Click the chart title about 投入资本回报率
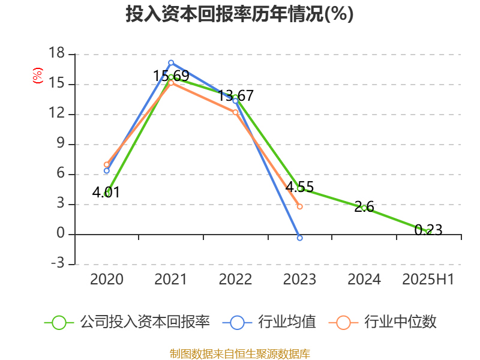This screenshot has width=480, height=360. (239, 14)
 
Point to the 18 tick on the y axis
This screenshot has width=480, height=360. (56, 54)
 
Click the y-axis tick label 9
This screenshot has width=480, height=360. (61, 144)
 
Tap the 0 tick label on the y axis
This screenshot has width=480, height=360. (61, 234)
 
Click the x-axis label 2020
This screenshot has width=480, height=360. (107, 280)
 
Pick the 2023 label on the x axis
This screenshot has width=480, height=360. (299, 280)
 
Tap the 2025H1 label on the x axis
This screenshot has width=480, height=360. (428, 280)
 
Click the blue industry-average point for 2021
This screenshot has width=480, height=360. (171, 62)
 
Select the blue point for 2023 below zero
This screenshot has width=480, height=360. (300, 238)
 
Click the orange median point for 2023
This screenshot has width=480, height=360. (300, 206)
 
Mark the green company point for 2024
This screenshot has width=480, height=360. (364, 208)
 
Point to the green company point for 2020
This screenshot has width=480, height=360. (107, 194)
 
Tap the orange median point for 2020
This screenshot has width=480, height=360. (107, 164)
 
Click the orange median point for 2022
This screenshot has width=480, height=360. (235, 112)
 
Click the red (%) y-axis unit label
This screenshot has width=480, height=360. (38, 76)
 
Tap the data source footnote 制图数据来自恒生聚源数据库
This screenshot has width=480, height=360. (239, 353)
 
